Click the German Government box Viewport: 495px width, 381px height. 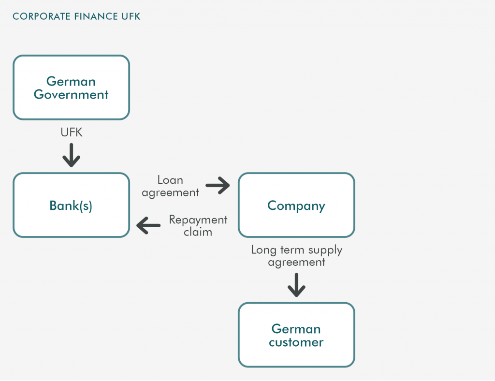coord(72,88)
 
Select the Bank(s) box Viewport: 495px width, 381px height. coord(72,205)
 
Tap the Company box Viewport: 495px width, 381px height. coord(296,205)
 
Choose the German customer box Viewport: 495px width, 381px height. coord(296,335)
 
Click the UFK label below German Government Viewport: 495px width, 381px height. coord(72,132)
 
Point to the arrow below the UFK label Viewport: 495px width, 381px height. coord(72,155)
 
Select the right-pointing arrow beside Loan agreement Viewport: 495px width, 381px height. coord(218,185)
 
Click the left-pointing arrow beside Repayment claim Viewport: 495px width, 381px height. coord(148,225)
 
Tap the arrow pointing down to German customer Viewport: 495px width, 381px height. coord(296,285)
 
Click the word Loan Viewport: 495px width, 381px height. coord(170,180)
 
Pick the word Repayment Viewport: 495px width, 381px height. coord(198,220)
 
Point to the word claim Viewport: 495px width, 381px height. coord(198,232)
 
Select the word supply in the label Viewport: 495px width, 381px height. coord(325,250)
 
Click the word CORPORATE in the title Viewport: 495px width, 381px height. coord(42,16)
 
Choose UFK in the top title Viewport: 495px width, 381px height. coord(131,16)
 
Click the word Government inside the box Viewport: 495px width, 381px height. coord(71,94)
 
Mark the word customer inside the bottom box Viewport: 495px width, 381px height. coord(296,342)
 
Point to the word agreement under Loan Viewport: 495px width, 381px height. coord(170,193)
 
